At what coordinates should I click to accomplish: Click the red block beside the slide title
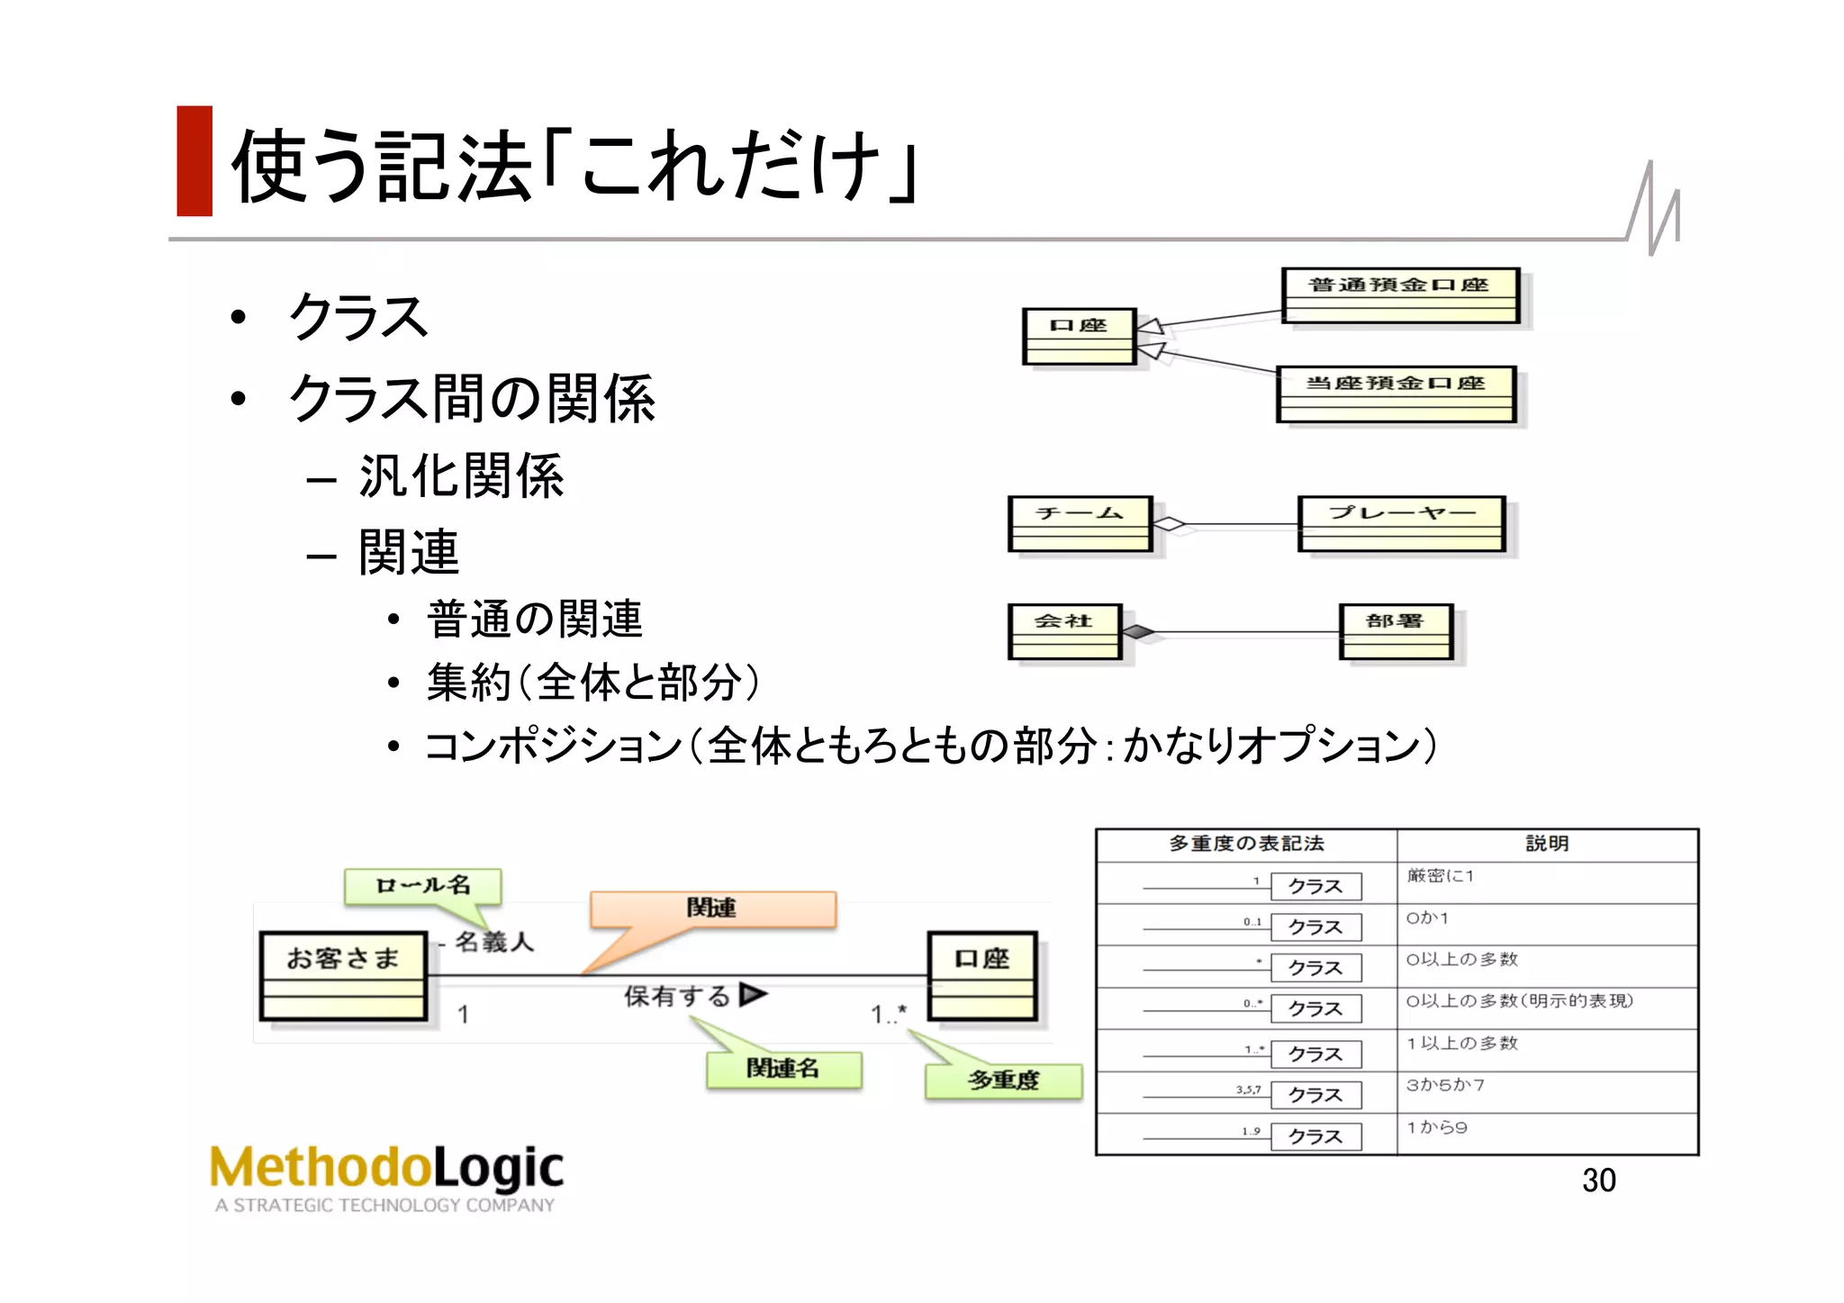[x=194, y=161]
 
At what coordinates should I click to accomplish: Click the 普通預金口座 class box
[x=1399, y=295]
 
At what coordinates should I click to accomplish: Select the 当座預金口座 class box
[x=1396, y=394]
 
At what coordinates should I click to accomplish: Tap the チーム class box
[x=1080, y=523]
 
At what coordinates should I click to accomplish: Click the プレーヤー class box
[x=1401, y=523]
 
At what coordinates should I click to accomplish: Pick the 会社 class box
[x=1064, y=631]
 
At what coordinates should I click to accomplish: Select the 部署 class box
[x=1396, y=631]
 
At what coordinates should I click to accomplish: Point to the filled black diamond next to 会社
[x=1138, y=632]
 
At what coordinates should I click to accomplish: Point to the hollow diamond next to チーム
[x=1170, y=524]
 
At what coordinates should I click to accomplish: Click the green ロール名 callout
[x=422, y=885]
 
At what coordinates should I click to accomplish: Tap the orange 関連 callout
[x=712, y=908]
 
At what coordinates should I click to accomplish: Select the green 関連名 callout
[x=783, y=1068]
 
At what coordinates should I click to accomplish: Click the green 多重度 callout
[x=1003, y=1080]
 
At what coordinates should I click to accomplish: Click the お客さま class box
[x=343, y=975]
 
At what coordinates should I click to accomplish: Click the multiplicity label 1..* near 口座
[x=889, y=1014]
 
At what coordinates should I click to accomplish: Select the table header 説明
[x=1546, y=844]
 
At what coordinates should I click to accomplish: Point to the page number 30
[x=1598, y=1180]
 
